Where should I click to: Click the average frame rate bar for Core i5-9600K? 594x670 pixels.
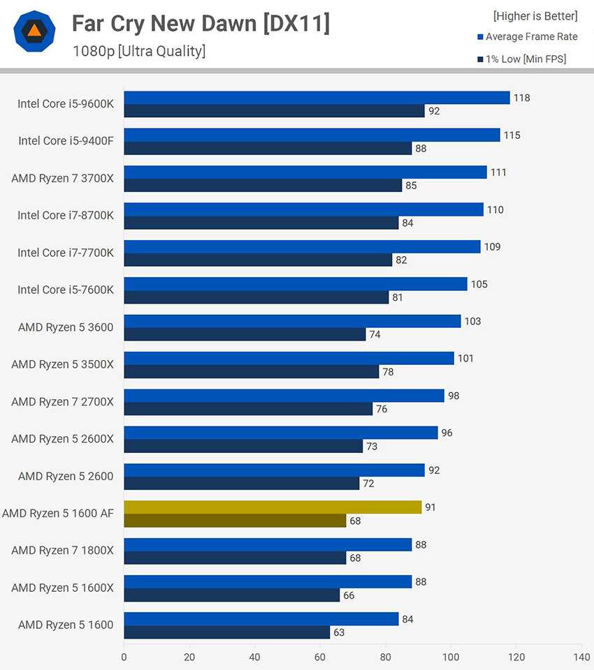tap(317, 98)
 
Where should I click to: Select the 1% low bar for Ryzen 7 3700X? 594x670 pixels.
tap(263, 186)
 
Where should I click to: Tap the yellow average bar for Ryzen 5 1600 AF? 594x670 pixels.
tap(273, 507)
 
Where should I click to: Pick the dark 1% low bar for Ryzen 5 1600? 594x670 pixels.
tap(227, 632)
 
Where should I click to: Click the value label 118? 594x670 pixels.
tap(521, 98)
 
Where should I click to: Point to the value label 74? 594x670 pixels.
tap(375, 334)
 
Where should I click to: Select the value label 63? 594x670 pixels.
tap(339, 632)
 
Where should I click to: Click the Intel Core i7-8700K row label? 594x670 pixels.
tap(66, 216)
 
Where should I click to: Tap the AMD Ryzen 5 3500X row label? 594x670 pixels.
tap(62, 364)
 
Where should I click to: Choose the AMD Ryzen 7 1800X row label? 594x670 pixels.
tap(62, 551)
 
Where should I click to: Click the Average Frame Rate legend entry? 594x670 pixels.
tap(527, 36)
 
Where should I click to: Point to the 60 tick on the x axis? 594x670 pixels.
tap(320, 657)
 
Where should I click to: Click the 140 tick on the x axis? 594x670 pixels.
tap(581, 657)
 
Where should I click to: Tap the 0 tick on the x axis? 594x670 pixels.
tap(124, 657)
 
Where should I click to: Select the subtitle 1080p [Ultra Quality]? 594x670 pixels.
tap(138, 51)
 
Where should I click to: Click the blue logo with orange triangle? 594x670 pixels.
tap(34, 31)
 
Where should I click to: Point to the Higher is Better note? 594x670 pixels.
tap(535, 15)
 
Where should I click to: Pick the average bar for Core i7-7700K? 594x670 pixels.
tap(302, 247)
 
